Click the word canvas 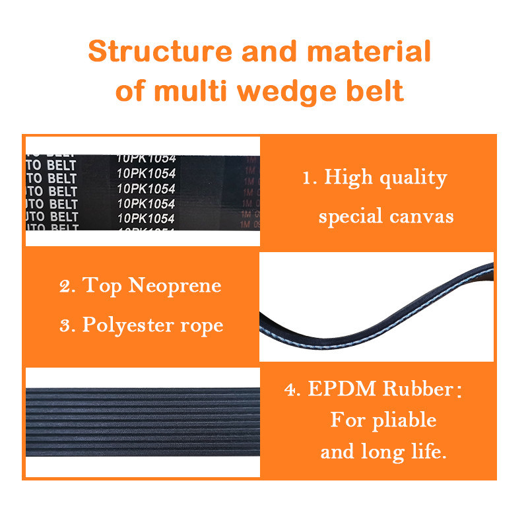pos(423,216)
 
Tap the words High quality pos(385,178)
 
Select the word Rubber pos(418,389)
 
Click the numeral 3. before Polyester pos(67,325)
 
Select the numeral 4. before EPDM pos(292,389)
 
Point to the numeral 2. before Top pos(67,286)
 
